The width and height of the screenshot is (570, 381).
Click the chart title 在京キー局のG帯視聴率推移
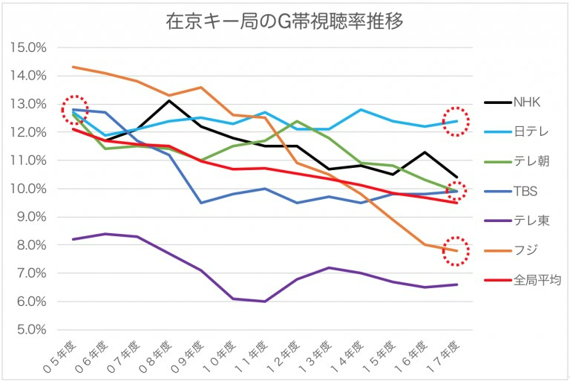point(284,21)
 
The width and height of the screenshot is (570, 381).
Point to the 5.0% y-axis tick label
point(30,330)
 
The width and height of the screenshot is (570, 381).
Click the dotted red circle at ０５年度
point(73,110)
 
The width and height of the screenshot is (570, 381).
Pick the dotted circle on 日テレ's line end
point(456,121)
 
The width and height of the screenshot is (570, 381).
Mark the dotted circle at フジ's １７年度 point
point(456,251)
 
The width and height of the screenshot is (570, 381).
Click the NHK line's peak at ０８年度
point(169,101)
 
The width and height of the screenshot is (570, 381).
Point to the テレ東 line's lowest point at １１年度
point(265,302)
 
